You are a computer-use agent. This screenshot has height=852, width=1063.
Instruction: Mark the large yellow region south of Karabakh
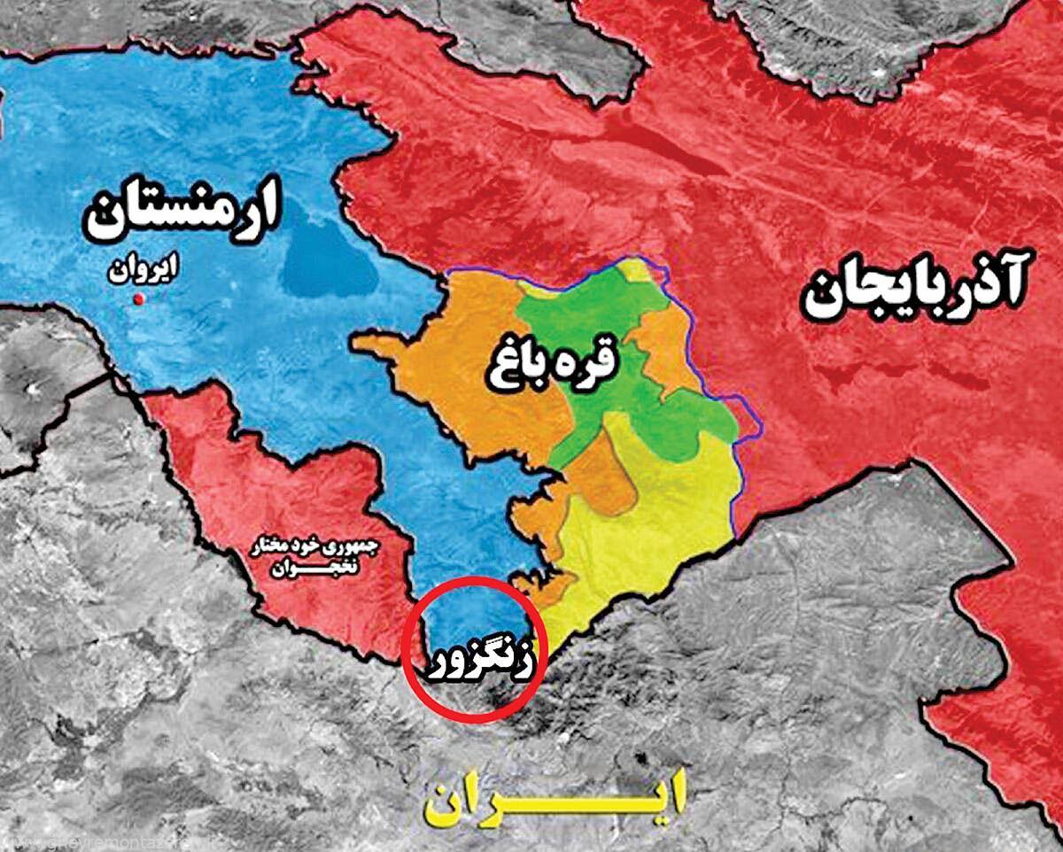pos(656,523)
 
